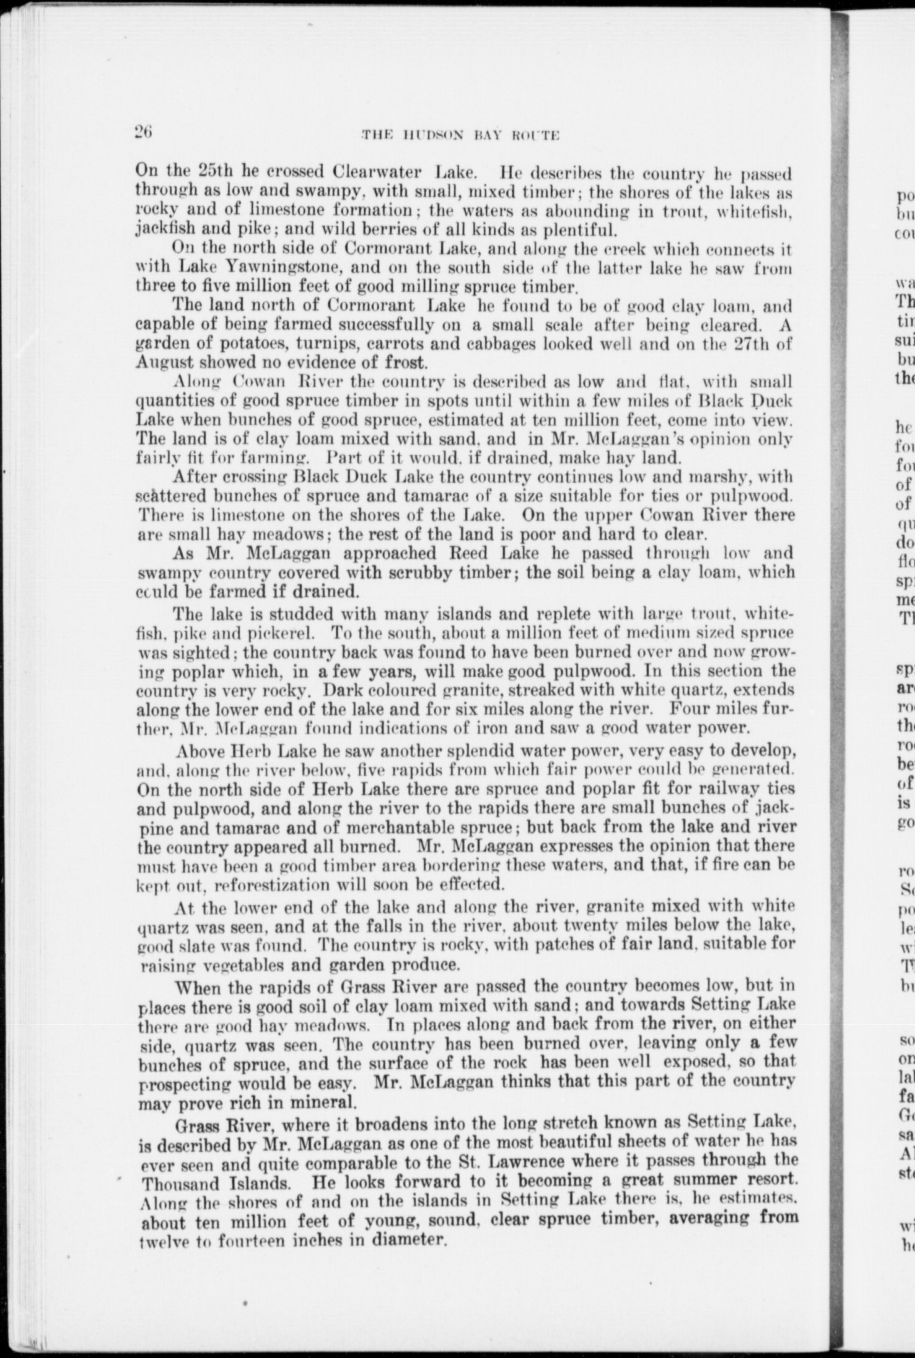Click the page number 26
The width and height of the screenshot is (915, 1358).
click(x=144, y=133)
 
